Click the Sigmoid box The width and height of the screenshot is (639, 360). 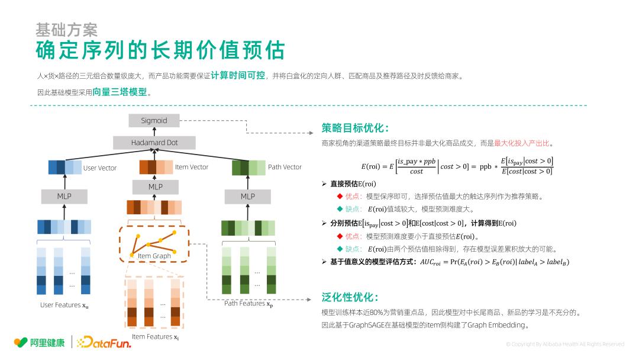(x=154, y=121)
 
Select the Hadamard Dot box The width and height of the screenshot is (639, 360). (x=154, y=143)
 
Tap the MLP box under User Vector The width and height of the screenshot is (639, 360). (x=64, y=196)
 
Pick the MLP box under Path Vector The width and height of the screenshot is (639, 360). (x=247, y=196)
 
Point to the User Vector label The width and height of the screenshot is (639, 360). (x=100, y=168)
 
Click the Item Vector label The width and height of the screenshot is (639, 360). (x=192, y=167)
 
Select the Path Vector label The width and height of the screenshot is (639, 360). (x=285, y=167)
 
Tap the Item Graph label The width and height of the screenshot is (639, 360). (x=154, y=256)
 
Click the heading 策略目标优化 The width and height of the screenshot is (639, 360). (x=355, y=128)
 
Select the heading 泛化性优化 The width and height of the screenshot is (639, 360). (x=350, y=297)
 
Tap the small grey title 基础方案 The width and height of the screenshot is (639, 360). (x=66, y=30)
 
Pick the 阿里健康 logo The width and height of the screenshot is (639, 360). (x=40, y=342)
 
